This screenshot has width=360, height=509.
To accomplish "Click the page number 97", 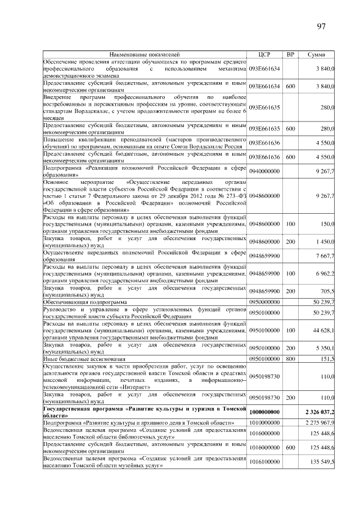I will [x=322, y=26].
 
